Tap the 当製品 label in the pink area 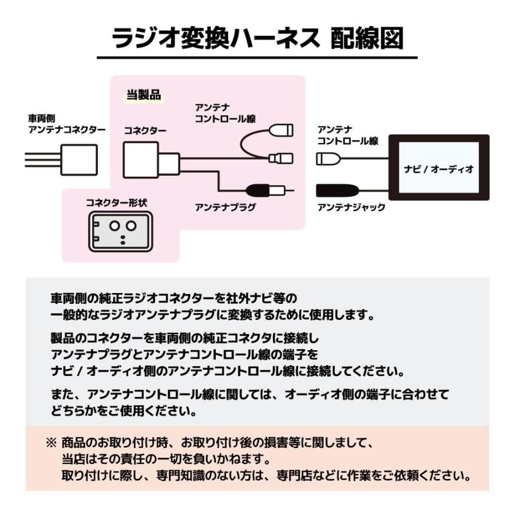(143, 95)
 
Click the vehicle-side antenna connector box (78, 158)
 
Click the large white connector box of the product (141, 159)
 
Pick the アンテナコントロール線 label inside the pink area (225, 113)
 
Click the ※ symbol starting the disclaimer (51, 443)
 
